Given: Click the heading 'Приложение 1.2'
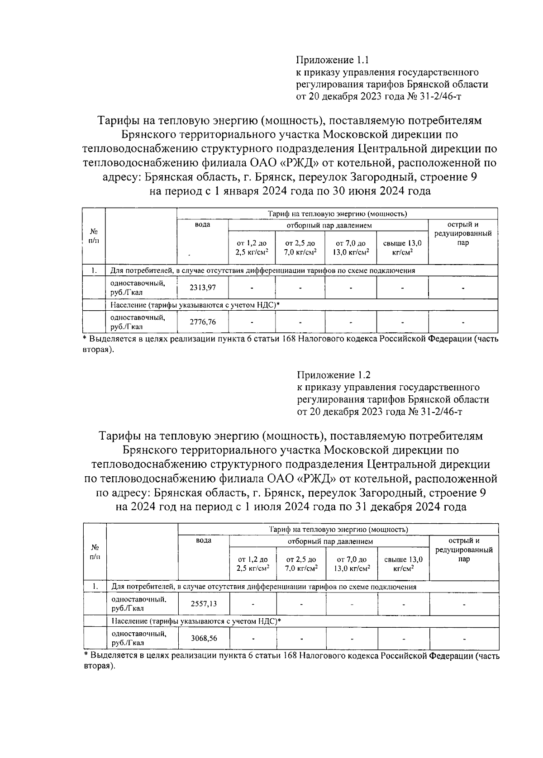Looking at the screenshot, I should click(334, 375).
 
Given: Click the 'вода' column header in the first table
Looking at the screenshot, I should click(202, 225).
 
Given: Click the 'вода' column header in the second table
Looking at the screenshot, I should click(204, 540).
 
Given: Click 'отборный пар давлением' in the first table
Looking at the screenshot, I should click(329, 225).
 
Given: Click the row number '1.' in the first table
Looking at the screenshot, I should click(94, 271).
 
